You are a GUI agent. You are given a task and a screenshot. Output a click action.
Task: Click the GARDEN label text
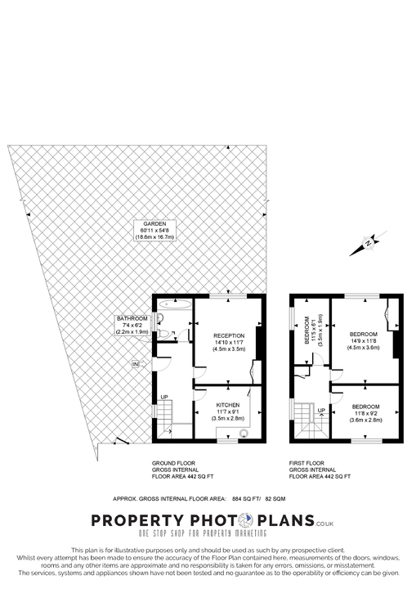[x=154, y=223]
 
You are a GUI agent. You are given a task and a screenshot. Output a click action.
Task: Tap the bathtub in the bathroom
[x=174, y=304]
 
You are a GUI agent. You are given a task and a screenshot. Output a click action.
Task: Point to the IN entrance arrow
[x=136, y=363]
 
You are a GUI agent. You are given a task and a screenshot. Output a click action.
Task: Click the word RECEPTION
[x=228, y=336]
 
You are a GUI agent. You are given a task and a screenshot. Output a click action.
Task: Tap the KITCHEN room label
[x=229, y=405]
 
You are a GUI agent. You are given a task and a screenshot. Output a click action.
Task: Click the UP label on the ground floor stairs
[x=163, y=397]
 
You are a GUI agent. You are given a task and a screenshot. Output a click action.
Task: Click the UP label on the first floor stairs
[x=321, y=411]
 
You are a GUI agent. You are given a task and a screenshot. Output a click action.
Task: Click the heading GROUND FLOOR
[x=172, y=463]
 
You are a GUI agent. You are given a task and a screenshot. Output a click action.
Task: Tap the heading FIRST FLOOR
[x=307, y=463]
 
